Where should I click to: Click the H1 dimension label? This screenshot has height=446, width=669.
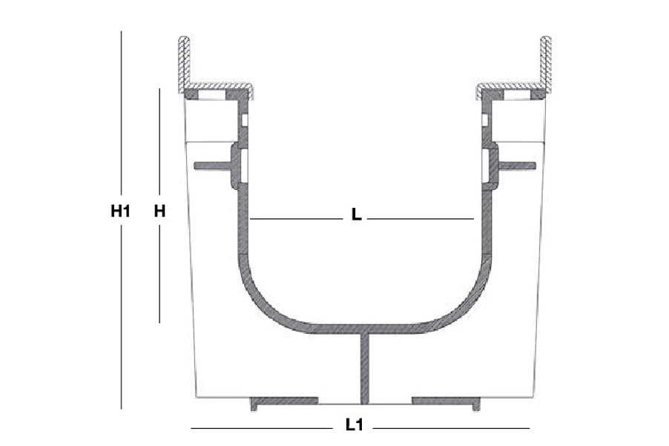click(120, 211)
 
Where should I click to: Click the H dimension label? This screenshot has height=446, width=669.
click(159, 211)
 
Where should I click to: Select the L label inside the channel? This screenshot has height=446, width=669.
click(356, 214)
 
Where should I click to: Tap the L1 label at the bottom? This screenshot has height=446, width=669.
click(354, 424)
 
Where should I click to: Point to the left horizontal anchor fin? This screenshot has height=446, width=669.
click(212, 165)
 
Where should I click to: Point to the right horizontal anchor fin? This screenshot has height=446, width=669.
click(517, 165)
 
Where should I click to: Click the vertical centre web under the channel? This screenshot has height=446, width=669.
click(366, 368)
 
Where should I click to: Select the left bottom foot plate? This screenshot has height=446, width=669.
click(284, 401)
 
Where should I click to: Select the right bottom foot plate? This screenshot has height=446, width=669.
click(446, 401)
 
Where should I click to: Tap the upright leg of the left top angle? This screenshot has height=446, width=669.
click(185, 63)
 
